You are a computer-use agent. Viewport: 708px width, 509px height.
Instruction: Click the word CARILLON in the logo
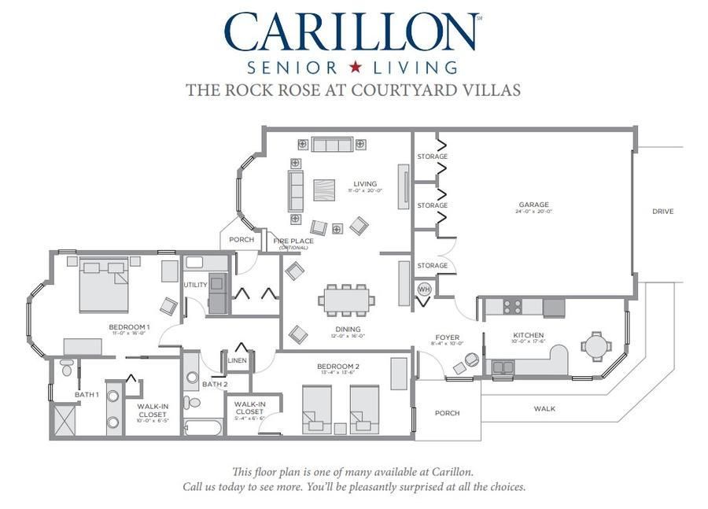pos(352,32)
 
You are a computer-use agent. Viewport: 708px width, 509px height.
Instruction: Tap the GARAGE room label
pos(533,205)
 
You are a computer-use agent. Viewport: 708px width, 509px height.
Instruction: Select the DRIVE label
pos(662,211)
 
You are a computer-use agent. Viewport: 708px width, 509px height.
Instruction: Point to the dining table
pos(346,299)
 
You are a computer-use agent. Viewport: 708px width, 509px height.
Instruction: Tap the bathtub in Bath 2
pos(203,426)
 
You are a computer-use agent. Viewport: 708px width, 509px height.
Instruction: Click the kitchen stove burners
pos(512,307)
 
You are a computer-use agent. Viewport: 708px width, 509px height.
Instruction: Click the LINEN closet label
pos(237,360)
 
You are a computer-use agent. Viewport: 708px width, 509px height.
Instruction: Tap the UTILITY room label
pos(194,285)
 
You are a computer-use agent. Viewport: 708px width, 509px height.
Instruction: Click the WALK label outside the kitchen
pos(544,408)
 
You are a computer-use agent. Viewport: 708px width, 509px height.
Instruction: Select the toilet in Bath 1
pos(67,368)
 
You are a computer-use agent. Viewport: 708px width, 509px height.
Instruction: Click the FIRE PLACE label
pos(293,241)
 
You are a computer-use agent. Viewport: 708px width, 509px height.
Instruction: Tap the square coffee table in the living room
pos(323,190)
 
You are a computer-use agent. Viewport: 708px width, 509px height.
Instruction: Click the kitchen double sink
pos(502,367)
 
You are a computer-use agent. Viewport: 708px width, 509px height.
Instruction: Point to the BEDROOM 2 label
pos(338,367)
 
